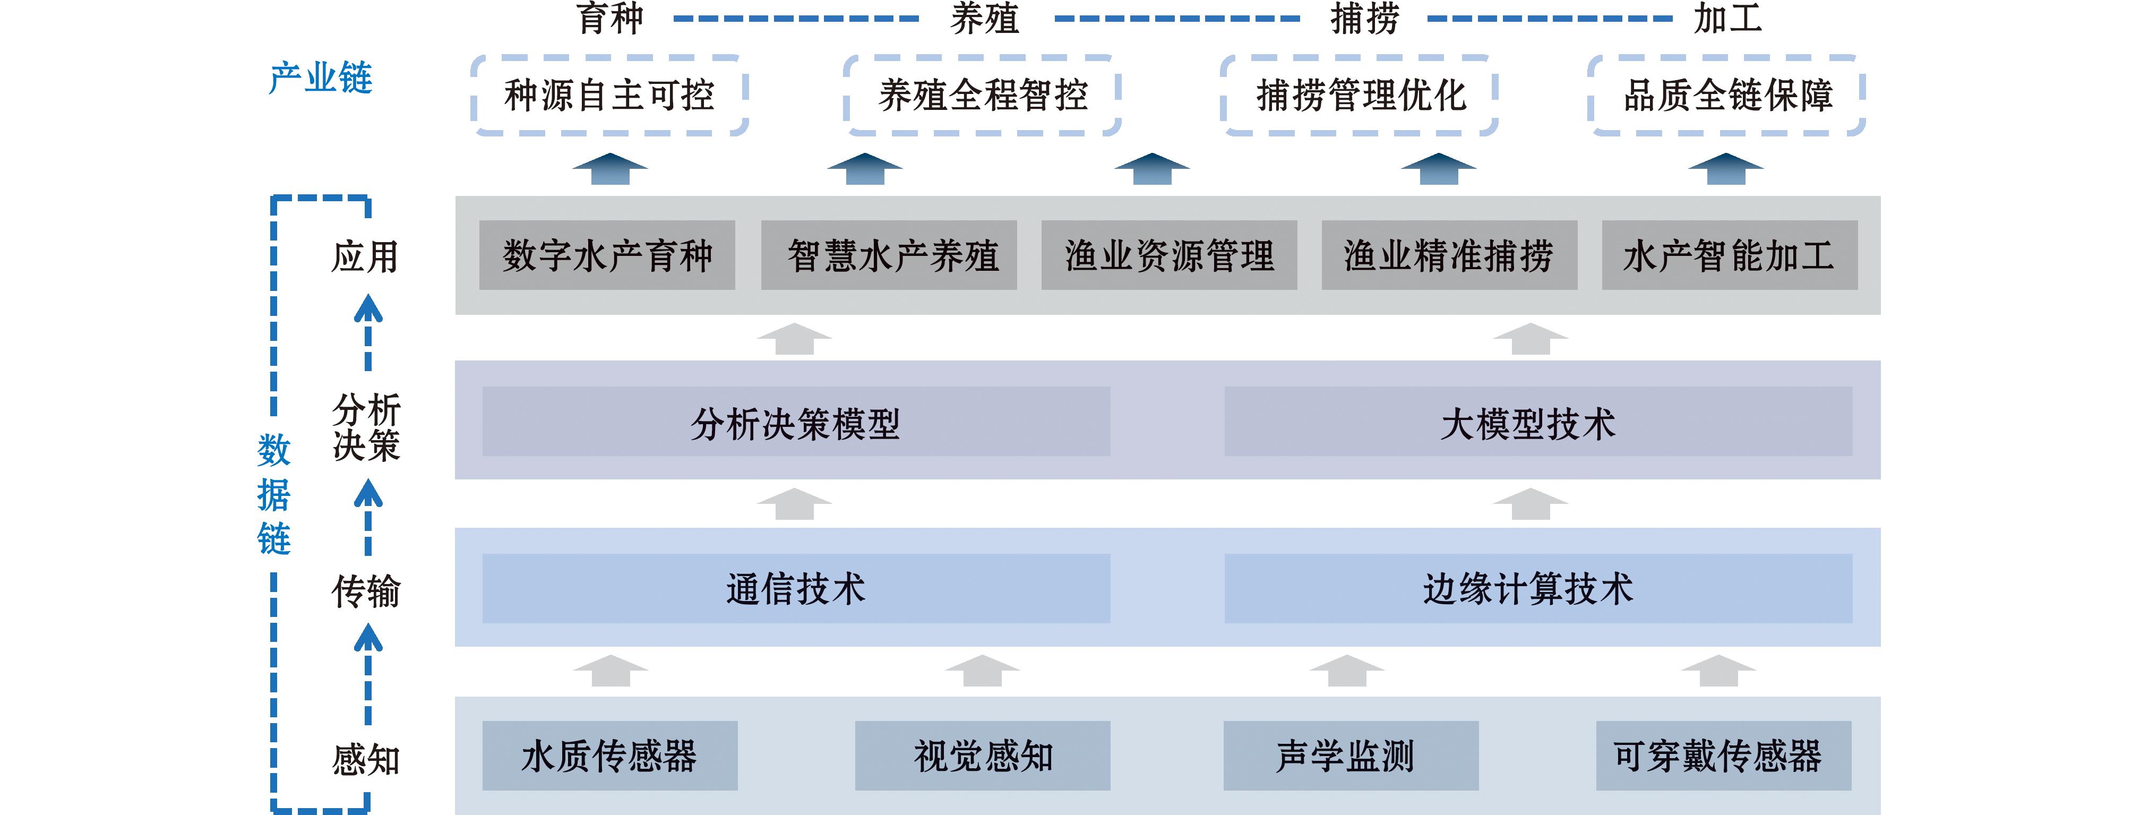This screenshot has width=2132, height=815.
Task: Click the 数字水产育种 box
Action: click(x=607, y=255)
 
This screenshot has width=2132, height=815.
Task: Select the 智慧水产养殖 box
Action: click(x=889, y=255)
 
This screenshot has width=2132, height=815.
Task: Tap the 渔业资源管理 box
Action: click(x=1168, y=255)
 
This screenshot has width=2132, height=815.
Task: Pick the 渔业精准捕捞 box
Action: click(x=1449, y=255)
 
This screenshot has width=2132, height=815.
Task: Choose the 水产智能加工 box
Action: click(x=1729, y=255)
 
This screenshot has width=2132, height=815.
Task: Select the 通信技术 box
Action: click(x=795, y=588)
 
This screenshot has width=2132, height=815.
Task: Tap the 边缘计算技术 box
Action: click(x=1538, y=588)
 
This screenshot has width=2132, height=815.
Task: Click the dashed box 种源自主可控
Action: click(x=609, y=95)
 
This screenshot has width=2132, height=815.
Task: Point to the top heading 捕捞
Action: click(x=1364, y=18)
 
